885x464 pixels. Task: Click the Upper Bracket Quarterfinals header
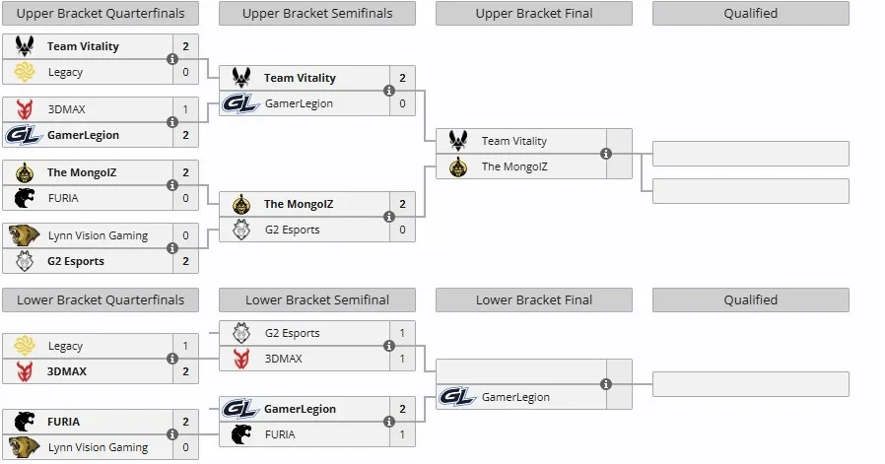101,14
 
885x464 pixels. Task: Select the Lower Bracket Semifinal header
317,299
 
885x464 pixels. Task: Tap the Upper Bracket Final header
534,14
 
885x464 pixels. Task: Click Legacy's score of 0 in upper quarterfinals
185,72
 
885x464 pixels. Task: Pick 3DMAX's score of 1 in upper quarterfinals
185,109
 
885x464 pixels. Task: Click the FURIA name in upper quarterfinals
63,198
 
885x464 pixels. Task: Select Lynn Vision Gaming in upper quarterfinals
98,235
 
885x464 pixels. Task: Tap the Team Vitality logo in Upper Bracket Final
458,140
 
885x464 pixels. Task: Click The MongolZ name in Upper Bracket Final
514,166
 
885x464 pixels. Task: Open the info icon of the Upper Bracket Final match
606,154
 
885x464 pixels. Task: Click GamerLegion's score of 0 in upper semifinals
402,103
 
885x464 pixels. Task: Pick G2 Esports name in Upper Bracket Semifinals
293,230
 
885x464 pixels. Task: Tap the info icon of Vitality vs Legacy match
172,59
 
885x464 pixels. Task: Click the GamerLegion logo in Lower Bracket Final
457,397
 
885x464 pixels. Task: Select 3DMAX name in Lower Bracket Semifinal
283,359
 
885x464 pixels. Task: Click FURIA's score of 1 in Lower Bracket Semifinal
402,434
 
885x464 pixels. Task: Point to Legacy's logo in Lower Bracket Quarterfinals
25,346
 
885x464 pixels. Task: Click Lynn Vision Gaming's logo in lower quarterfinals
25,447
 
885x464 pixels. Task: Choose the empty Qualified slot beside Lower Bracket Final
751,384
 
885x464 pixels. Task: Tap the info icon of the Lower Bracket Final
606,384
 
